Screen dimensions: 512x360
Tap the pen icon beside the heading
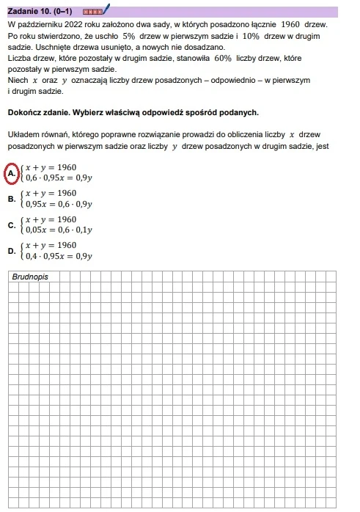pyautogui.click(x=106, y=10)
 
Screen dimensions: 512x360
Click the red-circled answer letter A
pyautogui.click(x=12, y=172)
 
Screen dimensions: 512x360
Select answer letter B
pyautogui.click(x=12, y=199)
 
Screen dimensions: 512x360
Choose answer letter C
pyautogui.click(x=12, y=225)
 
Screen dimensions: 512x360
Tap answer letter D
pyautogui.click(x=12, y=251)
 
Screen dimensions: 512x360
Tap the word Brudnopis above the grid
pyautogui.click(x=30, y=277)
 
